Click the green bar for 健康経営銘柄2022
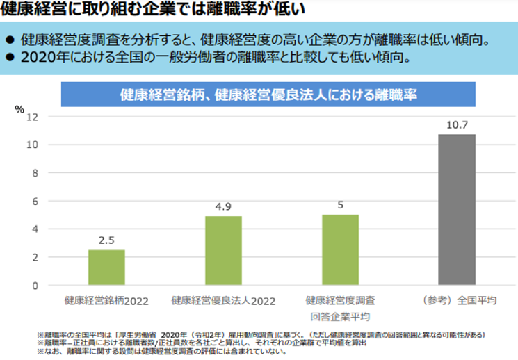(x=106, y=268)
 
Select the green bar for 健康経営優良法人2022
(x=223, y=251)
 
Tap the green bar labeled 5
(x=340, y=250)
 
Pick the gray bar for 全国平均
(x=457, y=210)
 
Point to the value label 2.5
(x=106, y=240)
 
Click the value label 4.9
(x=223, y=206)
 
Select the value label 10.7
(x=457, y=125)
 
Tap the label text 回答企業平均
(x=339, y=316)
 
